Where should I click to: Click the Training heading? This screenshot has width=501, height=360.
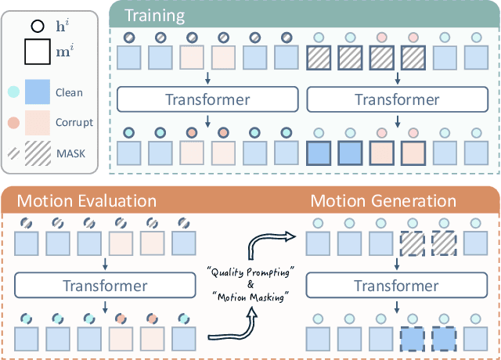coord(157,16)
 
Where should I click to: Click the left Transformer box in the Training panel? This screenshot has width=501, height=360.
coord(208,99)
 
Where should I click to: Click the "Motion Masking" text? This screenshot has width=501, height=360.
coord(249,298)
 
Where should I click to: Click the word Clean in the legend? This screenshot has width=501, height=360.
coord(69,92)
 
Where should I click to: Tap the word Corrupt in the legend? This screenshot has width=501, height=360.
coord(74,122)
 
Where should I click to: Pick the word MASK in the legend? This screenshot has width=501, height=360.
coord(70,152)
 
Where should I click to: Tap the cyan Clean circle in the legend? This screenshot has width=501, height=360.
coord(14,92)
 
